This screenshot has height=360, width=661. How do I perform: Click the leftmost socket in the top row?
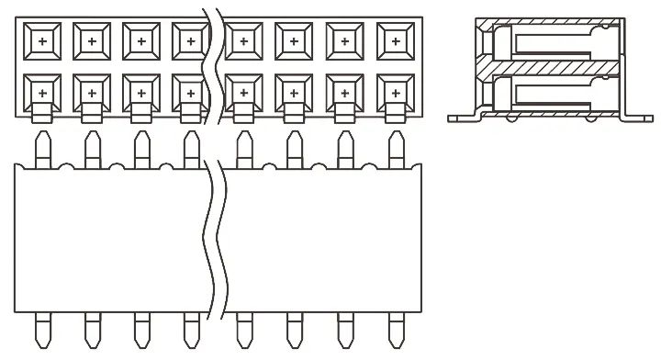click(x=42, y=42)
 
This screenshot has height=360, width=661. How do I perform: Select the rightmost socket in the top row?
click(x=394, y=42)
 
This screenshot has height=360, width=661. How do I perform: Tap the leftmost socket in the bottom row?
click(x=42, y=92)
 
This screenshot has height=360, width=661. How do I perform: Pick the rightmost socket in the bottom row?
click(x=394, y=92)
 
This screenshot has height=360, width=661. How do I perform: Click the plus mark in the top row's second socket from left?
click(x=92, y=42)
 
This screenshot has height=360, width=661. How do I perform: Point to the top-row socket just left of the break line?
click(x=190, y=42)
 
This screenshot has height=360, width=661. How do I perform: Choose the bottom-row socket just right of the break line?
click(x=243, y=92)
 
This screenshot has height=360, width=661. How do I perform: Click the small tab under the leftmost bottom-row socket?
click(x=42, y=115)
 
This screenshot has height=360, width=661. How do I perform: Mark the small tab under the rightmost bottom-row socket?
click(x=394, y=115)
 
